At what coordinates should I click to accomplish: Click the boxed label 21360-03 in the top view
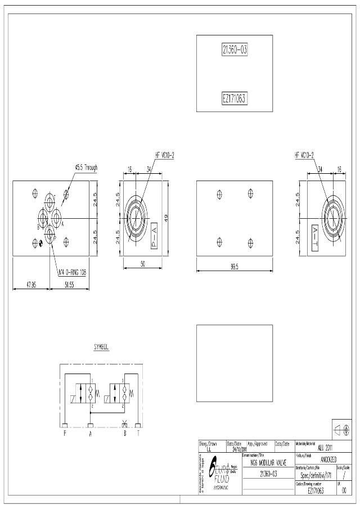pyautogui.click(x=235, y=49)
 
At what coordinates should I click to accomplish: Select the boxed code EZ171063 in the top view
pyautogui.click(x=235, y=99)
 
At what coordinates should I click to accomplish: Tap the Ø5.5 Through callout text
pyautogui.click(x=86, y=168)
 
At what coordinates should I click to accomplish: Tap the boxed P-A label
pyautogui.click(x=155, y=236)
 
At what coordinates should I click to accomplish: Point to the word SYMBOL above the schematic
pyautogui.click(x=101, y=348)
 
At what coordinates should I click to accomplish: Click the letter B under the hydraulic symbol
pyautogui.click(x=125, y=434)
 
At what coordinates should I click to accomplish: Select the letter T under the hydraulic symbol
pyautogui.click(x=138, y=434)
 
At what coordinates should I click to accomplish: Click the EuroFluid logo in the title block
pyautogui.click(x=222, y=477)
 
